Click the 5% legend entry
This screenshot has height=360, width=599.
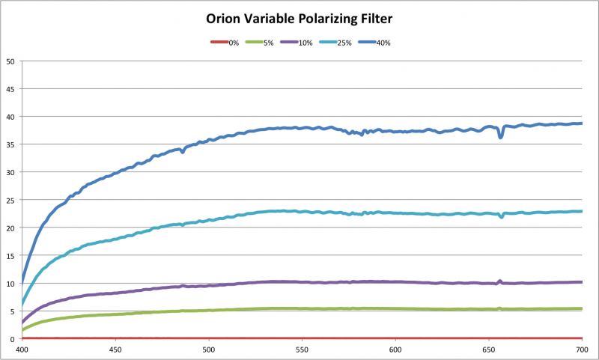268,43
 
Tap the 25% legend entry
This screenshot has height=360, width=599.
342,43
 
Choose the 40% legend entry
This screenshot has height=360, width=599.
380,43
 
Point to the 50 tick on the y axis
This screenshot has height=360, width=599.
10,61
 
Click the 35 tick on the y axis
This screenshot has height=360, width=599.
10,144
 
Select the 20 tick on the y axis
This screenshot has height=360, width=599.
10,228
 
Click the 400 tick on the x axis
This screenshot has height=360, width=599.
22,349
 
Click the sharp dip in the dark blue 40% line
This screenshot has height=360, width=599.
501,137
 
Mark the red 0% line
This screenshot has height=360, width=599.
299,338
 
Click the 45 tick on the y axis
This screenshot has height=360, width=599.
10,89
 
